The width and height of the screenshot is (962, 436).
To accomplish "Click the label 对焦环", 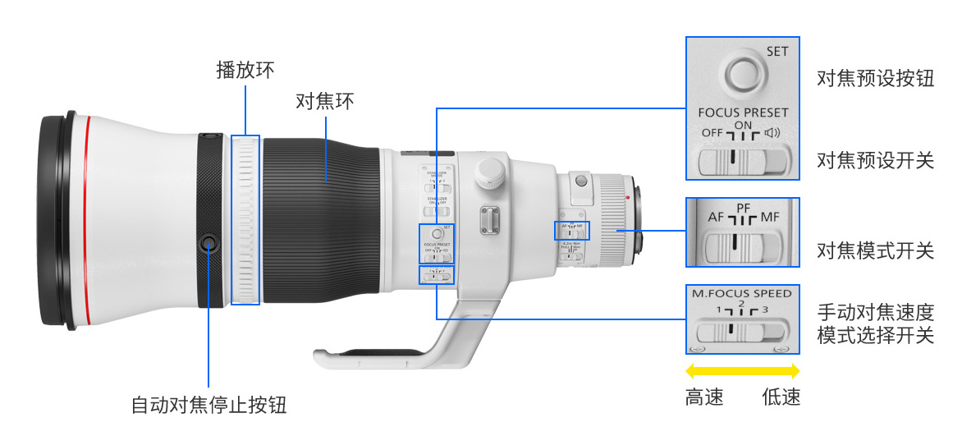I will [x=324, y=102].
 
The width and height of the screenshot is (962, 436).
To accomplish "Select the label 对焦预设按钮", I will [x=875, y=78].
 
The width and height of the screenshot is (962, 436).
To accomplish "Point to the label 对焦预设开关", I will [x=875, y=160].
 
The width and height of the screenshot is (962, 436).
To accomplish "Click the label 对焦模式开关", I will [x=875, y=250].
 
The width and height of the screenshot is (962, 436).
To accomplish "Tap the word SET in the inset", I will [x=776, y=51].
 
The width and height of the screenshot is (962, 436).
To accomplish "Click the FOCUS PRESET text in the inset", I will [x=743, y=112].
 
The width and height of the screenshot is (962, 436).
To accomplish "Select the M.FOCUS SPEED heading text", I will [x=741, y=293].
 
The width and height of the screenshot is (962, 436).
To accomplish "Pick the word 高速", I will [x=704, y=398].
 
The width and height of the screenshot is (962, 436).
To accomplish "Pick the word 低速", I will [x=781, y=398].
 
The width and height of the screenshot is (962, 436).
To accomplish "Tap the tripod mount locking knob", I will [x=489, y=171].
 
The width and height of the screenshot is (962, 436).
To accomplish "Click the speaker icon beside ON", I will [x=772, y=133].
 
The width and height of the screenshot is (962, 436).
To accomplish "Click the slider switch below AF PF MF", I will [x=742, y=244].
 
